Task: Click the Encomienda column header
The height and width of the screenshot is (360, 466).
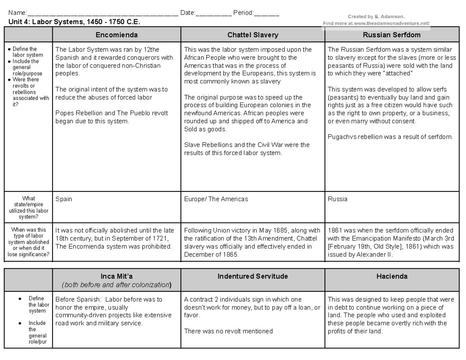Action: [116, 35]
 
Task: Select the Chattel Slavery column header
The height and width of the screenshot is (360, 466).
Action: [253, 35]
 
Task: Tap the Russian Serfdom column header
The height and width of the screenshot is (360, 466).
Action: [391, 35]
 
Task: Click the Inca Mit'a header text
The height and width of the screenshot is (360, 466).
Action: [116, 277]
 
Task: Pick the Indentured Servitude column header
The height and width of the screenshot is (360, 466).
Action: [253, 277]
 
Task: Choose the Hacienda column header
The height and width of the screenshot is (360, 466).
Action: [391, 277]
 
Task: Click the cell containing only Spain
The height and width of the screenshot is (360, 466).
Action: [64, 199]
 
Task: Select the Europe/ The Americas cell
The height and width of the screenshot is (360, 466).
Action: [216, 199]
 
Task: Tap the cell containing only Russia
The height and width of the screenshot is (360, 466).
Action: [337, 199]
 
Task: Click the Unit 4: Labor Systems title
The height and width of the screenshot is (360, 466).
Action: [74, 22]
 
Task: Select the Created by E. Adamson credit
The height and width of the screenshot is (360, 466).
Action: [376, 17]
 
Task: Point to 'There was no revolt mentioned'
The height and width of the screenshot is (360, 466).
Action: [228, 331]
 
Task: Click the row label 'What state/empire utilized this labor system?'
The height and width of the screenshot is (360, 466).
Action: [29, 208]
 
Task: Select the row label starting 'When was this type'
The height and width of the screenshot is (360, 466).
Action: [29, 242]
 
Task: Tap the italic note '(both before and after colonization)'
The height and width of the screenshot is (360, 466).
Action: [116, 285]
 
